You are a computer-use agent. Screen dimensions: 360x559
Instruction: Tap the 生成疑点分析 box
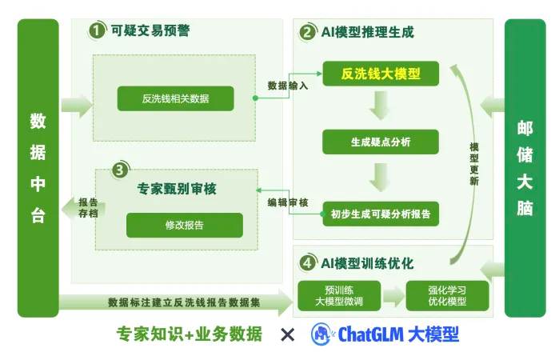[381, 142]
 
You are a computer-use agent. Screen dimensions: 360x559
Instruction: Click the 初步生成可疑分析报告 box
[381, 214]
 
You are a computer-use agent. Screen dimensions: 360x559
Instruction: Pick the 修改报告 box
[184, 225]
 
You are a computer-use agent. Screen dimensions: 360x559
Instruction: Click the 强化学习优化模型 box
[447, 296]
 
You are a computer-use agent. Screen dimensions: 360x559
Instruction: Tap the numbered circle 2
[307, 33]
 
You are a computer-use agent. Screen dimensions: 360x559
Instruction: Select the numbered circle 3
[119, 170]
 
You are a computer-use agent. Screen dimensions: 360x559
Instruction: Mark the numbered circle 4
[307, 263]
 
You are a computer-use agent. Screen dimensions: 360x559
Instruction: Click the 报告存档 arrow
[84, 208]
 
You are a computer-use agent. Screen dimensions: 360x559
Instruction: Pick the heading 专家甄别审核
[177, 190]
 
